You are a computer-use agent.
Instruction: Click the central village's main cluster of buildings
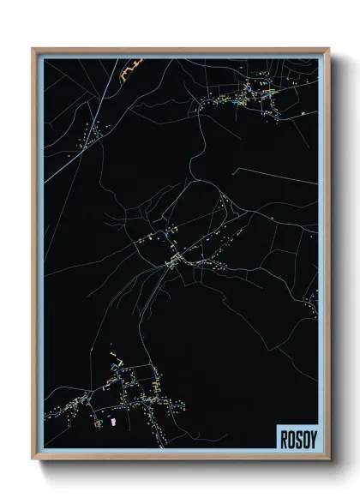(x=176, y=257)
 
